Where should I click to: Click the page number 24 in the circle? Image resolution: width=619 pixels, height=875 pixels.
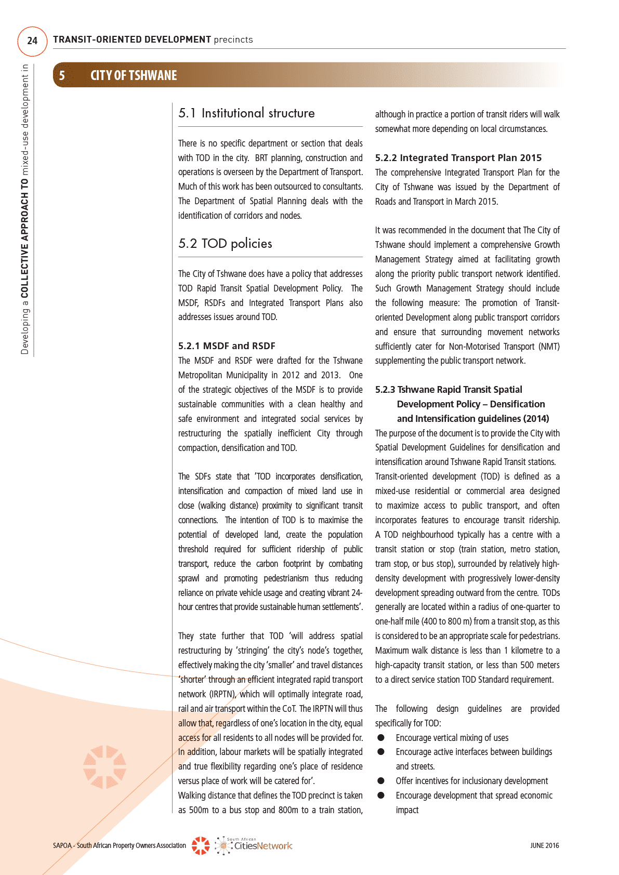[x=32, y=41]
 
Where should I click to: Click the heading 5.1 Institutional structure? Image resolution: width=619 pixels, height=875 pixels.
[x=246, y=113]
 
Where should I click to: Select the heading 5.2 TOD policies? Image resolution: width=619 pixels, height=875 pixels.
[x=225, y=244]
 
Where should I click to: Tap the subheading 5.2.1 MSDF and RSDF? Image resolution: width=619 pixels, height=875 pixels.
[x=227, y=346]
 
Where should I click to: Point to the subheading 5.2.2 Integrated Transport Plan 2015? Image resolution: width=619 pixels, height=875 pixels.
[x=458, y=158]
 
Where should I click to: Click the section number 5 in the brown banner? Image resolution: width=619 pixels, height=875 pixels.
[x=62, y=76]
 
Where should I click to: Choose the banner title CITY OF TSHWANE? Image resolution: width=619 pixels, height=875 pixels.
[x=134, y=76]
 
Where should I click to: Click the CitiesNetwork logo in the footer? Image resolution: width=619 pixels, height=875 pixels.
[x=254, y=845]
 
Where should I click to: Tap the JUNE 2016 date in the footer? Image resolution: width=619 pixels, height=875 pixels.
[x=544, y=845]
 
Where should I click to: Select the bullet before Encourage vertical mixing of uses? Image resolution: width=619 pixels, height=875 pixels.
[x=381, y=738]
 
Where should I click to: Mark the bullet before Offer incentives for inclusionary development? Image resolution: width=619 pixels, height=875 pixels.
[x=381, y=781]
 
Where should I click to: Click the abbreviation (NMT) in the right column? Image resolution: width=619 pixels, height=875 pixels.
[x=549, y=347]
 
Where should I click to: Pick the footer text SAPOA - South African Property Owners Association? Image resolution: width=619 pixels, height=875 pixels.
[x=119, y=845]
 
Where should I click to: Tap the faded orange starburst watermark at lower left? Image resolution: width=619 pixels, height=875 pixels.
[x=104, y=767]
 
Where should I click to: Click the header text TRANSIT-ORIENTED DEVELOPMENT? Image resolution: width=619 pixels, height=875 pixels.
[x=132, y=39]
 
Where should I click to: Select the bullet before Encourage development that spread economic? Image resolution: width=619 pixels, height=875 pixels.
[x=381, y=796]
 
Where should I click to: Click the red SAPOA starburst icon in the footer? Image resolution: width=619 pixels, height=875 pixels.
[x=201, y=845]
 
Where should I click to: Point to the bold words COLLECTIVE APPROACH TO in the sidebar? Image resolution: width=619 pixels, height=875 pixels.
[x=24, y=238]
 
